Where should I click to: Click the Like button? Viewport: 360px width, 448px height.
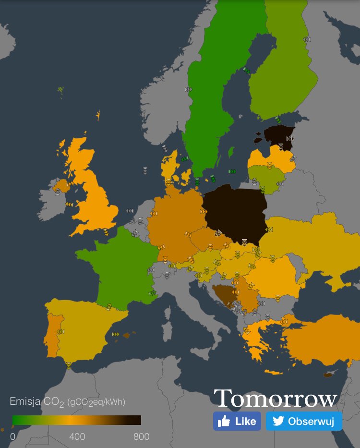[237, 421]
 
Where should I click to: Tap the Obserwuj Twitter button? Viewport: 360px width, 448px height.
[304, 421]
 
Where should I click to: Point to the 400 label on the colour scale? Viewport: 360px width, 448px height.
[77, 437]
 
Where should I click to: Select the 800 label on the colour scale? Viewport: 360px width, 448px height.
[141, 437]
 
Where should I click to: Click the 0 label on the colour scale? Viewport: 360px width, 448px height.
[12, 437]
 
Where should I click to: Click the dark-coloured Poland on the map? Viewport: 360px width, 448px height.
[235, 211]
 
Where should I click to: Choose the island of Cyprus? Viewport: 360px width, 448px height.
[328, 374]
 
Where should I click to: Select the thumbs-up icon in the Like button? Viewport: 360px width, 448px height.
[224, 422]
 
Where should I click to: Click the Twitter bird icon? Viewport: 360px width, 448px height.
[278, 421]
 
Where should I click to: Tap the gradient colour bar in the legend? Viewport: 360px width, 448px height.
[77, 420]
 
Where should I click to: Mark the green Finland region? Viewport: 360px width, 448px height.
[283, 72]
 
